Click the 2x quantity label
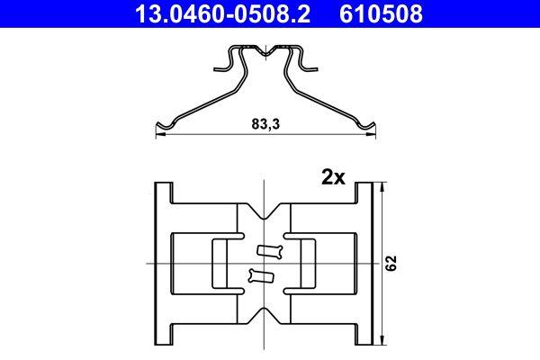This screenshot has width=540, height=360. (333, 177)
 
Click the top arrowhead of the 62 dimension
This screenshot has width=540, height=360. (383, 185)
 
